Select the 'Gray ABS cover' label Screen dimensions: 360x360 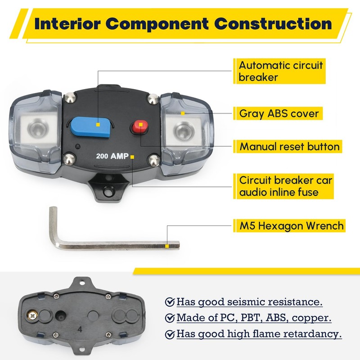(282, 113)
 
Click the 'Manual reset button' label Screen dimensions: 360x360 (289, 146)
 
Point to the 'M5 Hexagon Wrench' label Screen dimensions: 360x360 (292, 225)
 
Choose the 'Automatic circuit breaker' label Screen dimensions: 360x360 (281, 71)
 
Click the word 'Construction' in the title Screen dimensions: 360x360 (273, 23)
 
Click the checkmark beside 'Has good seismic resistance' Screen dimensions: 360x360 (170, 301)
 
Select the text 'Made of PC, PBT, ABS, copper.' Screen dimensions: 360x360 (254, 318)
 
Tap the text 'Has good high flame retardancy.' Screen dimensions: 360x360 (259, 334)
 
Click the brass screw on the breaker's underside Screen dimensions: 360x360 (33, 314)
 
